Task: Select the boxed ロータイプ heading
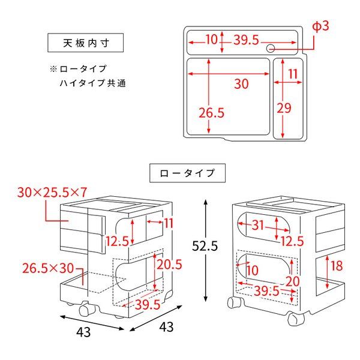(x=187, y=173)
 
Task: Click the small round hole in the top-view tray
(x=271, y=48)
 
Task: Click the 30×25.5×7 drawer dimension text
(x=53, y=192)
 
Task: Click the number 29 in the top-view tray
(x=284, y=108)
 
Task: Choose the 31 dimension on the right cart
(x=257, y=225)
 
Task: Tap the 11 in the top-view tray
(x=293, y=74)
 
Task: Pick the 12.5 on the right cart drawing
(x=292, y=241)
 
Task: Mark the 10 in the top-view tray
(x=211, y=40)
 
